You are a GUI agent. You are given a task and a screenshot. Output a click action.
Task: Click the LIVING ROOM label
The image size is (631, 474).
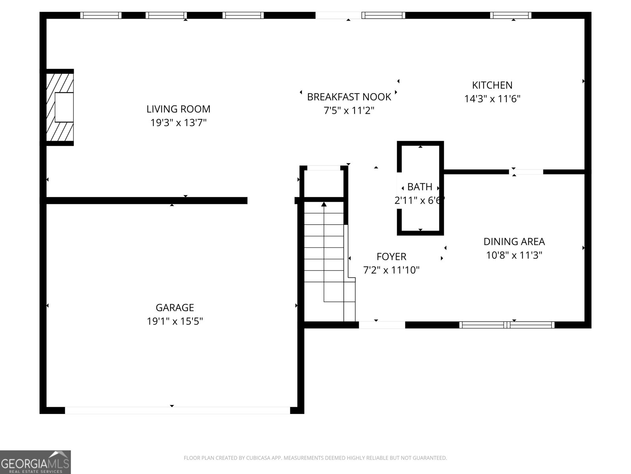(178, 109)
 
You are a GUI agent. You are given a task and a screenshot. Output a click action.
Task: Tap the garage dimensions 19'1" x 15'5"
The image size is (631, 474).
(175, 321)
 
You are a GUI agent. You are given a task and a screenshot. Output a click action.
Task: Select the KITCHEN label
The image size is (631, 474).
(492, 85)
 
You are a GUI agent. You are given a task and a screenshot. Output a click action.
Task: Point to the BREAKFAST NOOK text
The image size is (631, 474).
(349, 97)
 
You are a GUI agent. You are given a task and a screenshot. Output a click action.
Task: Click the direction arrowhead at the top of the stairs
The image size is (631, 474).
(324, 204)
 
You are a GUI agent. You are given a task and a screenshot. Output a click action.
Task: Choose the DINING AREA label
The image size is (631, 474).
(514, 241)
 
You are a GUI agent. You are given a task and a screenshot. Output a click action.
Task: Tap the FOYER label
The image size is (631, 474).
(391, 257)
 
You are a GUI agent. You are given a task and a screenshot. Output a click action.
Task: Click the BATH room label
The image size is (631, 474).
(420, 186)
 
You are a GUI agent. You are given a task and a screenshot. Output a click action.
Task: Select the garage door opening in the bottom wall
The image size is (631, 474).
(177, 410)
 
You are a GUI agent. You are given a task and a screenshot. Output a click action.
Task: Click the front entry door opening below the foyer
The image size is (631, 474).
(382, 325)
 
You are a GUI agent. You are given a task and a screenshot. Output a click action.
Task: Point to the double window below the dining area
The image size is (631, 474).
(507, 325)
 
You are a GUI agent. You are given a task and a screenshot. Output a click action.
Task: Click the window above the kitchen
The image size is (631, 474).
(511, 15)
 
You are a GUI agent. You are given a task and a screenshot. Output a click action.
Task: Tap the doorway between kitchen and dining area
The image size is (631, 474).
(526, 172)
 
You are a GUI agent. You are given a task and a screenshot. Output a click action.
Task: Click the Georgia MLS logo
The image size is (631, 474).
(35, 462)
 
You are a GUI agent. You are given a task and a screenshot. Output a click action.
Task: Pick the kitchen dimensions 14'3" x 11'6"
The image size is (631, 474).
(492, 99)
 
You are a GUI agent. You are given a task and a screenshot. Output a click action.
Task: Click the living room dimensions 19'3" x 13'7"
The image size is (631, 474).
(178, 123)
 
